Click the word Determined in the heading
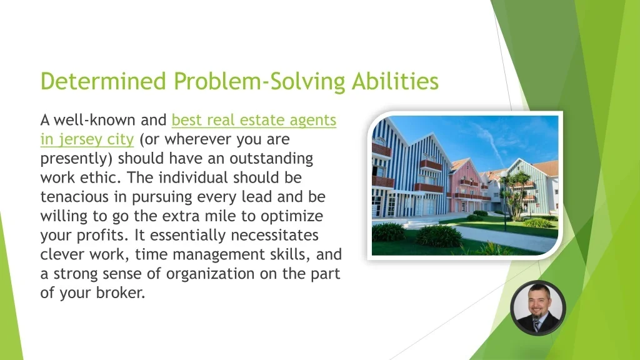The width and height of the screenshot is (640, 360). click(x=103, y=81)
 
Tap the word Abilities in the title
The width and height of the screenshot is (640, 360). click(x=395, y=81)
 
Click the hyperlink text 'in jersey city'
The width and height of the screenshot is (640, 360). click(x=87, y=139)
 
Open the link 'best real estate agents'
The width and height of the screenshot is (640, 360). click(x=254, y=120)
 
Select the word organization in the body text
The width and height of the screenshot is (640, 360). click(x=210, y=274)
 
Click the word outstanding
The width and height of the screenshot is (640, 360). click(x=271, y=158)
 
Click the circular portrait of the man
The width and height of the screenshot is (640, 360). click(x=538, y=307)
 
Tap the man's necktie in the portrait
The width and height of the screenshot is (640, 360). click(x=536, y=325)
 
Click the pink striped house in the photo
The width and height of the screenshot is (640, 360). click(x=465, y=186)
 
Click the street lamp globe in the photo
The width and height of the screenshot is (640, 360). click(x=504, y=174)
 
